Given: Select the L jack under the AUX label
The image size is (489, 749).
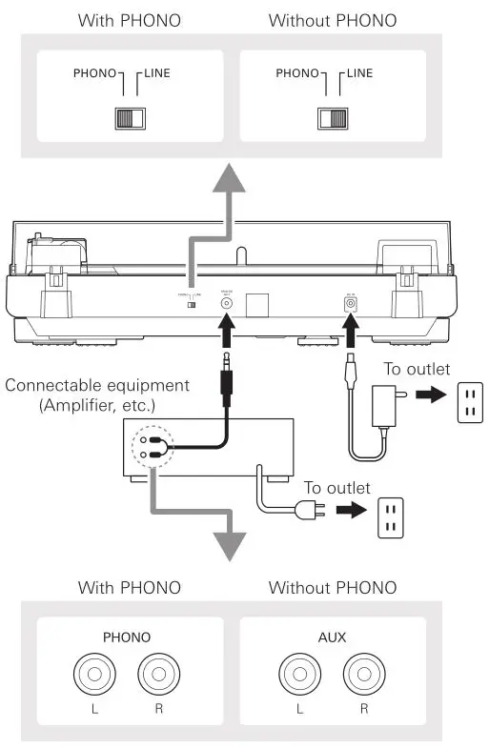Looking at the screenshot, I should (301, 678).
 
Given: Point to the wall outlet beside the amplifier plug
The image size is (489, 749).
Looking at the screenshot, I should (391, 518).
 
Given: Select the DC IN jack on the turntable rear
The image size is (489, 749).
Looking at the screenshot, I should (349, 304).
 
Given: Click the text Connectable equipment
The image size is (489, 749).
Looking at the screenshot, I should (96, 385).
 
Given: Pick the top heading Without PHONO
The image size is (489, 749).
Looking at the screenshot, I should (332, 19).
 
